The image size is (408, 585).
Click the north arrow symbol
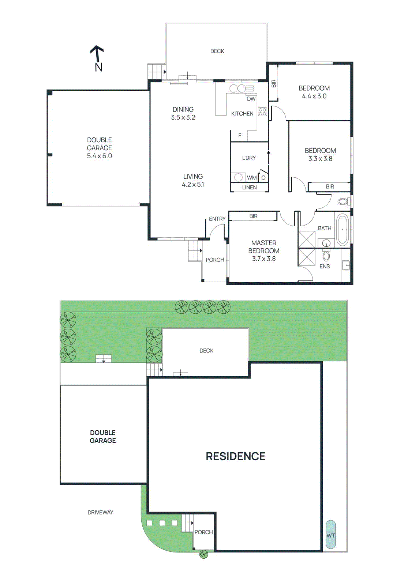click(x=97, y=58)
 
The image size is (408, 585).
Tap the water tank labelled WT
click(x=330, y=535)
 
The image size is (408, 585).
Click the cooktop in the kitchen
click(x=262, y=112)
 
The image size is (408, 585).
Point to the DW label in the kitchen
click(x=251, y=99)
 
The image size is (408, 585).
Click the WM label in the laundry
click(x=252, y=178)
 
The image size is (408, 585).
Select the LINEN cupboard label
click(x=249, y=187)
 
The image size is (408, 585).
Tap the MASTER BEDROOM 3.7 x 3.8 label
click(x=264, y=251)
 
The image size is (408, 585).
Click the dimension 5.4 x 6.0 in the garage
click(x=99, y=156)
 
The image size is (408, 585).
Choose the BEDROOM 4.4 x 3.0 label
click(x=314, y=92)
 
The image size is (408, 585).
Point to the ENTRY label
click(x=217, y=219)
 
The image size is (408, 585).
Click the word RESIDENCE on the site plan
click(x=235, y=456)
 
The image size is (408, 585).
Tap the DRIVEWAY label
click(x=100, y=512)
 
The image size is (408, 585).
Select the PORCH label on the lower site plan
click(x=203, y=532)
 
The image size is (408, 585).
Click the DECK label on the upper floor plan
click(x=217, y=51)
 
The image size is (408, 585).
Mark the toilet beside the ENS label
click(x=326, y=256)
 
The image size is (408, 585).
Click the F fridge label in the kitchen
click(x=240, y=135)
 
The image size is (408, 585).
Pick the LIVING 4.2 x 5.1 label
click(x=193, y=180)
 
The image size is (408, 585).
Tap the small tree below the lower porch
click(x=203, y=555)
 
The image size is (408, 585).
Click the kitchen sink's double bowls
click(x=237, y=88)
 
